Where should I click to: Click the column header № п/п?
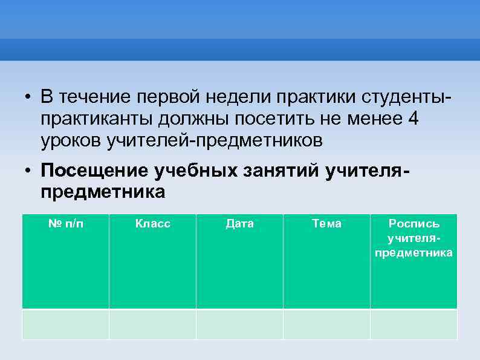pyautogui.click(x=65, y=224)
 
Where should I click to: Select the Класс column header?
pyautogui.click(x=152, y=224)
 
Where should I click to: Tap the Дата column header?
pyautogui.click(x=239, y=224)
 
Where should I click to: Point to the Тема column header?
pyautogui.click(x=326, y=224)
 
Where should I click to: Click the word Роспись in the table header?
pyautogui.click(x=414, y=224)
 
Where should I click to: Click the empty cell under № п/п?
pyautogui.click(x=65, y=324)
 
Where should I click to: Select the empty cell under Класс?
pyautogui.click(x=152, y=324)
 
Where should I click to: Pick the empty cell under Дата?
pyautogui.click(x=239, y=324)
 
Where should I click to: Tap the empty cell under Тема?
pyautogui.click(x=326, y=324)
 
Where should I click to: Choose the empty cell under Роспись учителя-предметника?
pyautogui.click(x=414, y=324)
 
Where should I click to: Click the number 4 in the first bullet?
pyautogui.click(x=413, y=119)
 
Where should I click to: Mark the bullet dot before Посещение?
pyautogui.click(x=28, y=172)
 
